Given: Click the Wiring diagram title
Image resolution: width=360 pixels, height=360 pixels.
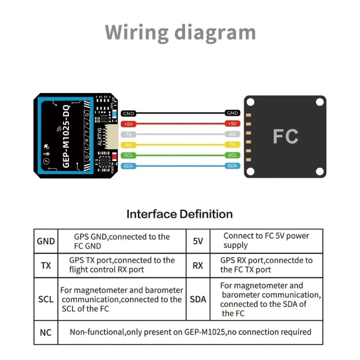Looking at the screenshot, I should click(180, 33).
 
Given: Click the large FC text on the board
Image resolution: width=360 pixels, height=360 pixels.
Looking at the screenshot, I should click(285, 136).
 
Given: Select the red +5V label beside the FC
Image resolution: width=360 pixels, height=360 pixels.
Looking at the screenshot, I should click(232, 124).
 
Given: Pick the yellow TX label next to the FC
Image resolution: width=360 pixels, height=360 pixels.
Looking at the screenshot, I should click(232, 145).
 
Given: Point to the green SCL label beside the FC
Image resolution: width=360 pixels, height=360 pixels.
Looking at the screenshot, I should click(232, 155).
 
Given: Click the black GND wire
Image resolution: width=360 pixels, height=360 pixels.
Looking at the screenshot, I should click(180, 113).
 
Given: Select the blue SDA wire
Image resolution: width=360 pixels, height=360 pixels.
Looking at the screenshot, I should click(180, 166).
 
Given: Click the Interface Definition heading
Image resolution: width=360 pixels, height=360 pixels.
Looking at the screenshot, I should click(180, 214).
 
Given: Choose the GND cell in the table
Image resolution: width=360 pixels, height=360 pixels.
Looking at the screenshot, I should click(46, 241).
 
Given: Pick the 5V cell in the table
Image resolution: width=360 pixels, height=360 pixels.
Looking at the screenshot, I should click(198, 241).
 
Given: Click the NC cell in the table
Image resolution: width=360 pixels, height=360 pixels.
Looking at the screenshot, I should click(46, 333).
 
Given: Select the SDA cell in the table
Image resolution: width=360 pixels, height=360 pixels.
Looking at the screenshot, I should click(198, 299).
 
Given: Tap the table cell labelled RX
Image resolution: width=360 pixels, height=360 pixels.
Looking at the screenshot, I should click(198, 265).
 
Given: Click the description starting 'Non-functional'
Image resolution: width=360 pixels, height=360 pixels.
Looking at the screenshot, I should click(190, 332).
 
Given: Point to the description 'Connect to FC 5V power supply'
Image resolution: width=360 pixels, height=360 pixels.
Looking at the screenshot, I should click(266, 240).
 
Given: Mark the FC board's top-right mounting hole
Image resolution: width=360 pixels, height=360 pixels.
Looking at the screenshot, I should click(319, 102).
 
